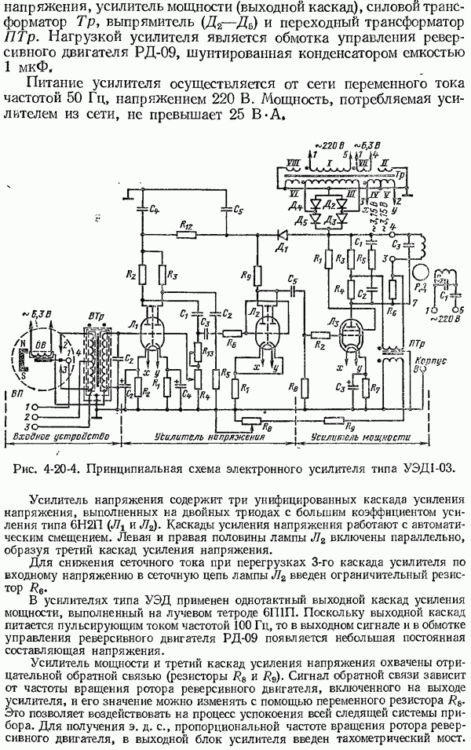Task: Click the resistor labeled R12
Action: tap(187, 234)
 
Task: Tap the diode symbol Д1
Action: tap(281, 234)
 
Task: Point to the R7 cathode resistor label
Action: tap(376, 389)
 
